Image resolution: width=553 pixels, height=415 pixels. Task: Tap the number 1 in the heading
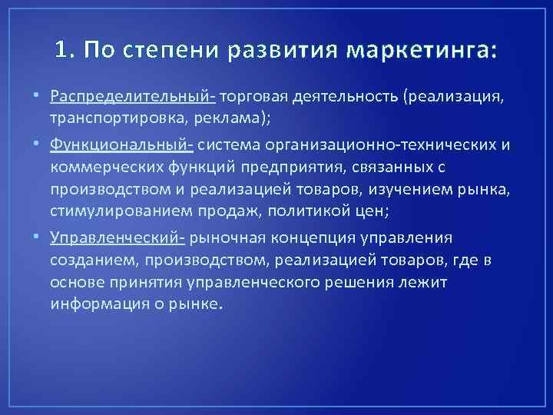pyautogui.click(x=62, y=51)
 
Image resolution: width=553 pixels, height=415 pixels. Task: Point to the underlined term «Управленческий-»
pyautogui.click(x=118, y=237)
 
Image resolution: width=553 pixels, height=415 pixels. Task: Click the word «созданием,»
pyautogui.click(x=88, y=261)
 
